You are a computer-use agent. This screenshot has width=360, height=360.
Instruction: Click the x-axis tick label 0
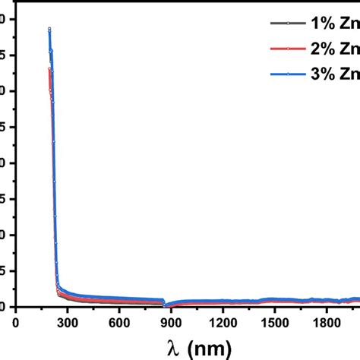[16, 321]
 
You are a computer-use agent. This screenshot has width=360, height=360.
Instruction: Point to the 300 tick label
[67, 321]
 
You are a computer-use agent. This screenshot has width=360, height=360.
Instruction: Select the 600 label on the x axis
[118, 321]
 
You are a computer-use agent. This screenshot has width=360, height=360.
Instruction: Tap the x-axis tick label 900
[171, 321]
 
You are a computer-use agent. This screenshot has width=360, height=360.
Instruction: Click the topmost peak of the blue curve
[49, 29]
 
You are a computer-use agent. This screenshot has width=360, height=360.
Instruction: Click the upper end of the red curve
[49, 69]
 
